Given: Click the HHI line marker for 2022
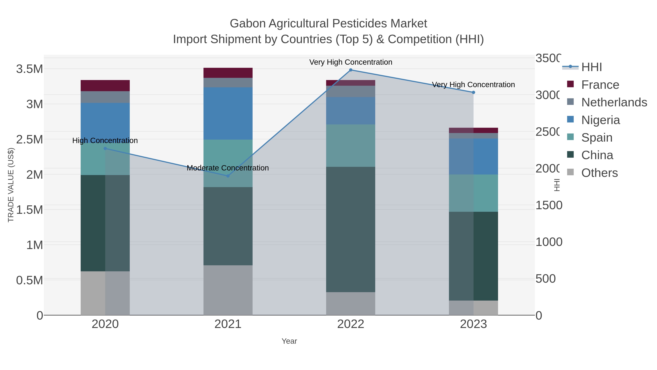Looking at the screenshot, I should tap(351, 70).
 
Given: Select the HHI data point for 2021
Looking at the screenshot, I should tap(228, 176).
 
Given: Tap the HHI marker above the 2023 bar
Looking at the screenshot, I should tap(473, 92).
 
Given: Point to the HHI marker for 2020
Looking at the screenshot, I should tap(105, 148).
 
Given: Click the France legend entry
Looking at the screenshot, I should tap(600, 85).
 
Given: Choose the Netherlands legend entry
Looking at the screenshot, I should tap(614, 102).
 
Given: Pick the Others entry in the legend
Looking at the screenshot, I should tap(599, 173).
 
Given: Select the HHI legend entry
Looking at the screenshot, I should tap(591, 67).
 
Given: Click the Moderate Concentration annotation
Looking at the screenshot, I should tap(228, 168).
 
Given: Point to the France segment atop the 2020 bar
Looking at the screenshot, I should tap(105, 86).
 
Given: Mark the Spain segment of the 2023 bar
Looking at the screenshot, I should tap(473, 193).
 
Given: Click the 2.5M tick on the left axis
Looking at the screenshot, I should tap(29, 140).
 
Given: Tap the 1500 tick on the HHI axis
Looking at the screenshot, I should tap(548, 205).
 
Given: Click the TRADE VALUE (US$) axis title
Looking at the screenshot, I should tap(11, 185).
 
